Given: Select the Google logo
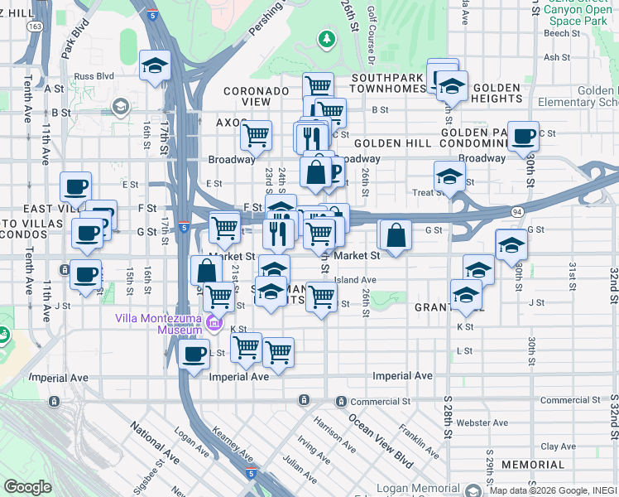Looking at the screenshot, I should pyautogui.click(x=27, y=487).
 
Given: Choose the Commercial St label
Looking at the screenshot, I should pyautogui.click(x=380, y=402).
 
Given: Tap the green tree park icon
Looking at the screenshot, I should pyautogui.click(x=328, y=38).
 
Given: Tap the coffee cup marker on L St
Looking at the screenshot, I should pyautogui.click(x=194, y=354).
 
